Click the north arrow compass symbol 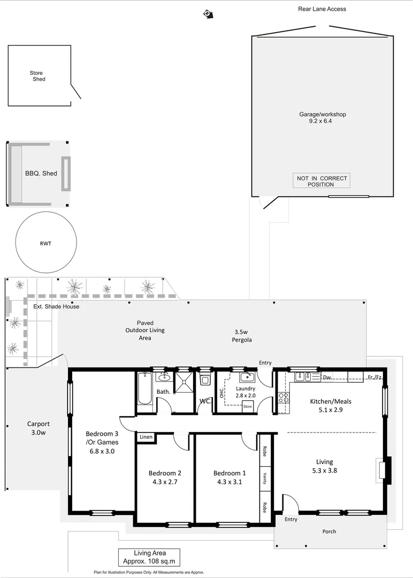tap(206, 13)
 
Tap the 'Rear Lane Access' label tap(322, 9)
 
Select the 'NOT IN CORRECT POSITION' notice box tap(321, 181)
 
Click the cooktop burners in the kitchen tap(284, 398)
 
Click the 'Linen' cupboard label tap(146, 437)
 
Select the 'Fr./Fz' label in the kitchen tap(374, 378)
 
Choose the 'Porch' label tap(330, 531)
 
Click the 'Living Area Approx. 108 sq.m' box tap(149, 557)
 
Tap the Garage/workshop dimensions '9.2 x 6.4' tap(322, 121)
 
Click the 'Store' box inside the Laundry tap(247, 407)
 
